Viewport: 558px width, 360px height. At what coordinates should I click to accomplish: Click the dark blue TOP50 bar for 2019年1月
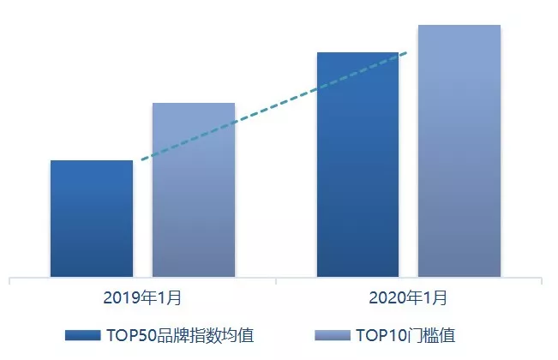(92, 219)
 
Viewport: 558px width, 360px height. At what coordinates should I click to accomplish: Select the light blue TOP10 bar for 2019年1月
(193, 189)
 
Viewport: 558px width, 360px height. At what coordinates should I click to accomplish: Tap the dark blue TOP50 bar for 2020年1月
(357, 165)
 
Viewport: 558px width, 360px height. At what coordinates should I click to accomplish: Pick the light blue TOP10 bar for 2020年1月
(459, 151)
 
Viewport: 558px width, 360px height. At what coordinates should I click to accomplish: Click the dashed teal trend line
(274, 106)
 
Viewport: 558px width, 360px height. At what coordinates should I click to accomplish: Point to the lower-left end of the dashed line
(142, 159)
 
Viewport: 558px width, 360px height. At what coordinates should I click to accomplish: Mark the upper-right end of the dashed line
(406, 53)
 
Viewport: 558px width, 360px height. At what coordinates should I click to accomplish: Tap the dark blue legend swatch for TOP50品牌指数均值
(83, 334)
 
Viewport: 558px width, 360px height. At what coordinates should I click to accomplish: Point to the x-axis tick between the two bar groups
(276, 280)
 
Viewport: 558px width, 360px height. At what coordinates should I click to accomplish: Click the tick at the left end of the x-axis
(9, 280)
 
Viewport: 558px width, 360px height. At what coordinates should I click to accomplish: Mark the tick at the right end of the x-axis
(543, 280)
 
